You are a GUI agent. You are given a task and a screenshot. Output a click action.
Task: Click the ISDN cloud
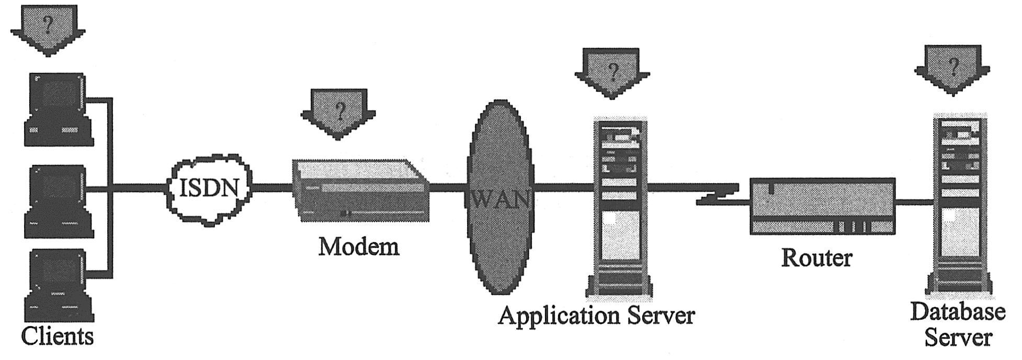pos(209,188)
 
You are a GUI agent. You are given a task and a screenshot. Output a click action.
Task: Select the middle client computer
pos(58,201)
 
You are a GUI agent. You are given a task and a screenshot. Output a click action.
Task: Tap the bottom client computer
pos(58,285)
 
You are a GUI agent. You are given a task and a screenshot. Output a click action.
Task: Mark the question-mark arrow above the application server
pos(612,72)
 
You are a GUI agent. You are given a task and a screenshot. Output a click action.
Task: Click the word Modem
pos(359,246)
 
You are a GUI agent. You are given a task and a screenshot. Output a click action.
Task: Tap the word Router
pos(816,258)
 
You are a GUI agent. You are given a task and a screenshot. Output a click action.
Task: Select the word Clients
pos(58,335)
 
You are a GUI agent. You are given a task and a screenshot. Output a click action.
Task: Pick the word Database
pos(958,312)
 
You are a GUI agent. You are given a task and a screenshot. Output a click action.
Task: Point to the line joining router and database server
pos(914,201)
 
